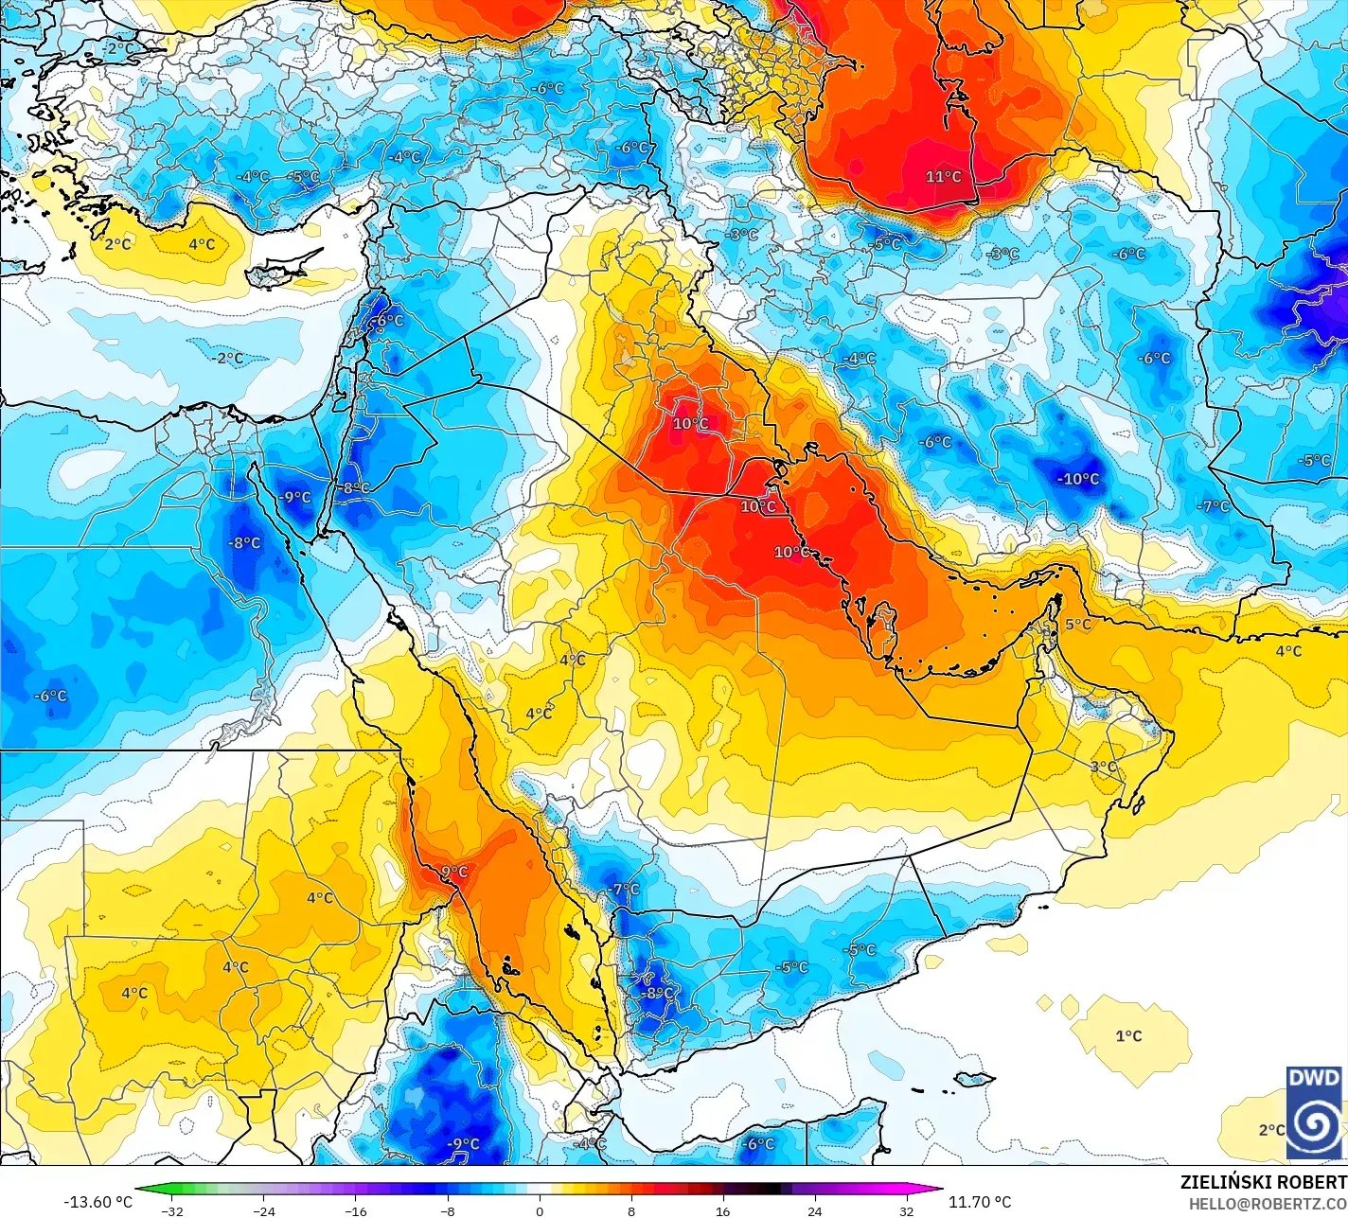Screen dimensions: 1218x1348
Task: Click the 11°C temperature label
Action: pyautogui.click(x=943, y=177)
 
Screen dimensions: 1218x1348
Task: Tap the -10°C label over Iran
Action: pyautogui.click(x=1078, y=479)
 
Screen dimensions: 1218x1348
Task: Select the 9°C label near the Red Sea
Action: pyautogui.click(x=455, y=872)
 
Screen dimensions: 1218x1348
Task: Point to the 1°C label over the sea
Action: pyautogui.click(x=1128, y=1036)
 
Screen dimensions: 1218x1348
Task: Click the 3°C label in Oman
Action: pyautogui.click(x=1103, y=767)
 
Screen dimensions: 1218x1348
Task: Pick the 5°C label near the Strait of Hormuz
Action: pyautogui.click(x=1078, y=625)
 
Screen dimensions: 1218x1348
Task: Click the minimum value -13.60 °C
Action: pyautogui.click(x=98, y=1202)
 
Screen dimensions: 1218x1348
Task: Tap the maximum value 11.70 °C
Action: pyautogui.click(x=980, y=1202)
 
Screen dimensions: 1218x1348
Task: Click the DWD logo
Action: pyautogui.click(x=1314, y=1112)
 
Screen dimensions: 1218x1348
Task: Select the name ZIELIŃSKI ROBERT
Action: pyautogui.click(x=1263, y=1182)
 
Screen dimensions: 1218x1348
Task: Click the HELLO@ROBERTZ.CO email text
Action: pyautogui.click(x=1268, y=1203)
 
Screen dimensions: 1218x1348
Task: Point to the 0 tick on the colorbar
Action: pyautogui.click(x=540, y=1210)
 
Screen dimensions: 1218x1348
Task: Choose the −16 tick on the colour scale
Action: pyautogui.click(x=355, y=1210)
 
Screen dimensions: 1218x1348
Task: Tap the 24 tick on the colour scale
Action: pyautogui.click(x=815, y=1210)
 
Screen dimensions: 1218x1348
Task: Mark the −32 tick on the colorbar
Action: pyautogui.click(x=171, y=1210)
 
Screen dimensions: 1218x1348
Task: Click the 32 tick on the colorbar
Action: pyautogui.click(x=907, y=1210)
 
